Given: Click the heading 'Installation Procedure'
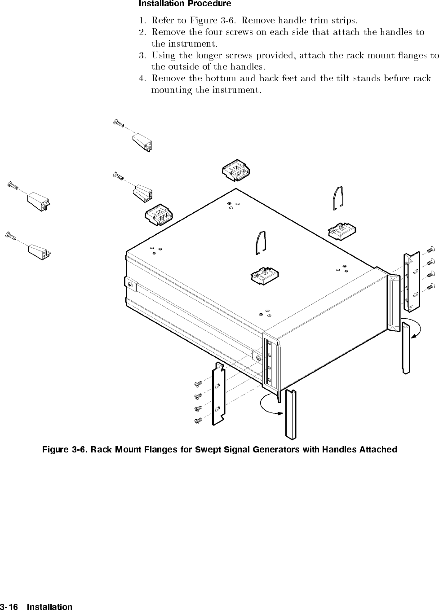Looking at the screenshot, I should [185, 4].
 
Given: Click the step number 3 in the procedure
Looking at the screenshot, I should [141, 55].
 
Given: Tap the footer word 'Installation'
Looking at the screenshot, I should [49, 607].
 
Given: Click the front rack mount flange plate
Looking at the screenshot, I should [218, 393].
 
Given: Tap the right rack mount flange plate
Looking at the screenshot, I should [411, 282].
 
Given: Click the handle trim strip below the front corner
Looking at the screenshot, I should [291, 414].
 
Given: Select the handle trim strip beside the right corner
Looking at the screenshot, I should [406, 347].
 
